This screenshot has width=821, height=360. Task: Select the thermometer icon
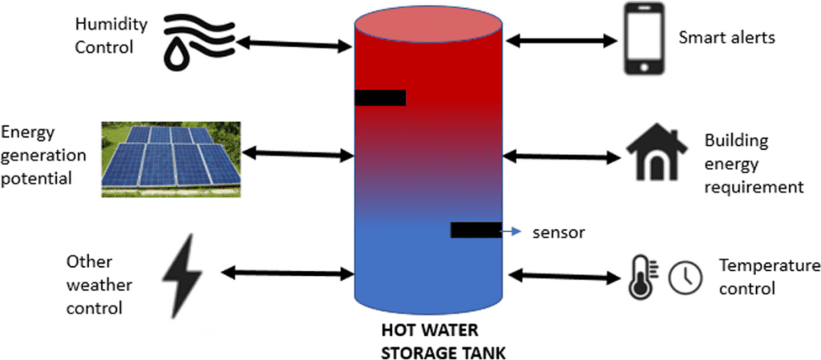[x=640, y=277]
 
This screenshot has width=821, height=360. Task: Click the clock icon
[x=686, y=277]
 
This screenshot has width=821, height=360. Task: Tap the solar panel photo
[x=171, y=159]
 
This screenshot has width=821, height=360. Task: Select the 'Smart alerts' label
[x=726, y=37]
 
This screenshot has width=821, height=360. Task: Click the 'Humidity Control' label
[x=111, y=35]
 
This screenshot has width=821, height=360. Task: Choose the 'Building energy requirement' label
[x=753, y=164]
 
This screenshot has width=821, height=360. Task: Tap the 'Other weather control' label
[x=99, y=285]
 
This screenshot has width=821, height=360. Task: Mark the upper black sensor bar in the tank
[x=380, y=98]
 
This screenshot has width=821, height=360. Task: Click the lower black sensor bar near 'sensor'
[x=475, y=230]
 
